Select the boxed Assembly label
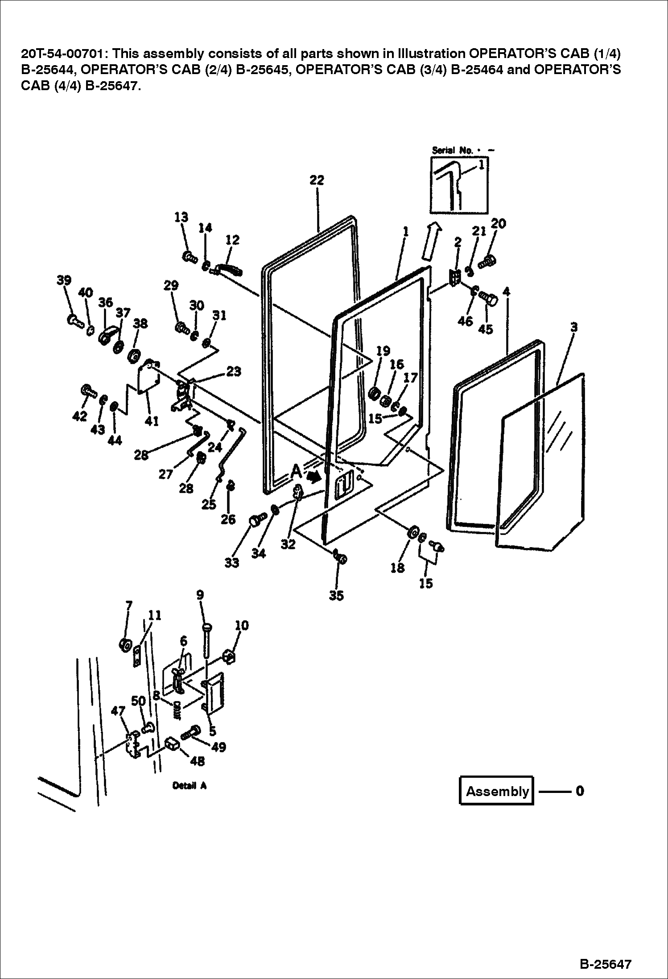click(496, 791)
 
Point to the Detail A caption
click(189, 786)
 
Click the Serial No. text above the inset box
click(452, 150)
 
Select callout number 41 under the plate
click(152, 420)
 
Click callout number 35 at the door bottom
click(336, 596)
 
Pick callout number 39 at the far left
click(64, 280)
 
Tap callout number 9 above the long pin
click(200, 595)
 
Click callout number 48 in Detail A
click(197, 760)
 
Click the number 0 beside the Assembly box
click(580, 791)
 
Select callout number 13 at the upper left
click(181, 217)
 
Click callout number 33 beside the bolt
click(231, 563)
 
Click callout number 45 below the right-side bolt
click(485, 329)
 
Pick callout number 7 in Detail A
click(128, 606)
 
